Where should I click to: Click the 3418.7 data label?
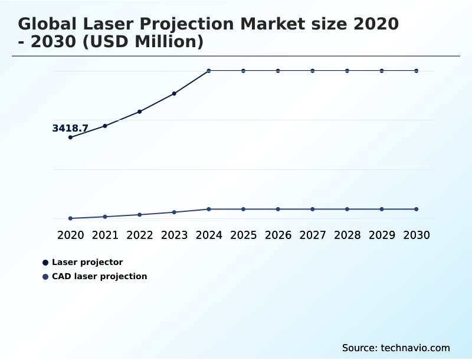(x=70, y=128)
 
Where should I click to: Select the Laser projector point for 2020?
(x=70, y=138)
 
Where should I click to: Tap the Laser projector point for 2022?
(x=140, y=112)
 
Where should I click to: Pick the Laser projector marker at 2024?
(x=209, y=71)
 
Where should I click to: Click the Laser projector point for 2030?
(x=417, y=71)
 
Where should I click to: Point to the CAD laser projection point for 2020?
(x=70, y=218)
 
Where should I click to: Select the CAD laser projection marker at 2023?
(x=174, y=212)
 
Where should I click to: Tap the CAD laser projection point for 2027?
(x=313, y=209)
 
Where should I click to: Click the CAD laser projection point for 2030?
(x=417, y=209)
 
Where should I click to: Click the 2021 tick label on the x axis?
(x=105, y=235)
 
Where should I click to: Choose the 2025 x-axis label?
(x=243, y=235)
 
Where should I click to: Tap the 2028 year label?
(x=347, y=235)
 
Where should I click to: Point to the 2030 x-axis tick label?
(x=417, y=235)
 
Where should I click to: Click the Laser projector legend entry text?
(x=87, y=262)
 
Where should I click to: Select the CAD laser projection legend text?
(x=99, y=276)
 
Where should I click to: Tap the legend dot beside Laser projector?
(x=45, y=262)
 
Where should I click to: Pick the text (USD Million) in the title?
(x=147, y=42)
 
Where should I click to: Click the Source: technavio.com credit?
(x=396, y=348)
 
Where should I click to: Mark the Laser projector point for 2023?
(x=174, y=93)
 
